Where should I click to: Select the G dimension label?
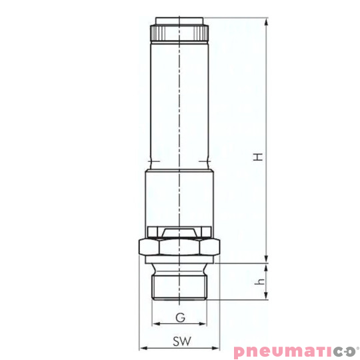click(x=179, y=317)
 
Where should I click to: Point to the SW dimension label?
click(x=179, y=341)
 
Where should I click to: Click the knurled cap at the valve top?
click(x=179, y=31)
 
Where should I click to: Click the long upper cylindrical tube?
click(x=179, y=100)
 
